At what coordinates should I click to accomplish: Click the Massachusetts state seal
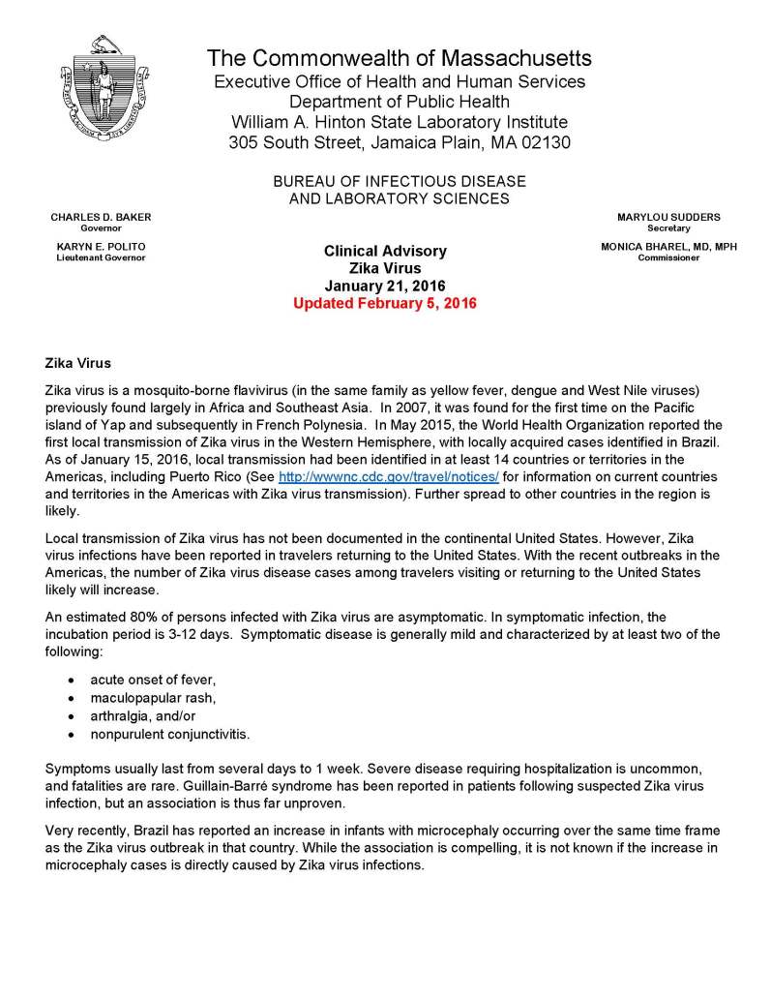(103, 88)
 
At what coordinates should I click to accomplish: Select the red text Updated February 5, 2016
(385, 303)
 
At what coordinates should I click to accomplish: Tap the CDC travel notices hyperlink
(388, 477)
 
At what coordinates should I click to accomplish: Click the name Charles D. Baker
(101, 217)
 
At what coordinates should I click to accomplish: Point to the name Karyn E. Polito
(101, 247)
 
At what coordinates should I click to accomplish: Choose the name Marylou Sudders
(668, 217)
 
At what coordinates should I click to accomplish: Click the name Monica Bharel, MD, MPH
(668, 247)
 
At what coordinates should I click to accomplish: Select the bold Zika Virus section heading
(78, 363)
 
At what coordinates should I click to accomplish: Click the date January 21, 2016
(385, 286)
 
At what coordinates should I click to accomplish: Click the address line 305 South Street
(400, 143)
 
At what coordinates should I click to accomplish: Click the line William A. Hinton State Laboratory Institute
(400, 122)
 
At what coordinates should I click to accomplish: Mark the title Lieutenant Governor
(101, 258)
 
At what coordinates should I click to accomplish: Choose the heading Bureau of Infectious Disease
(399, 182)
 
